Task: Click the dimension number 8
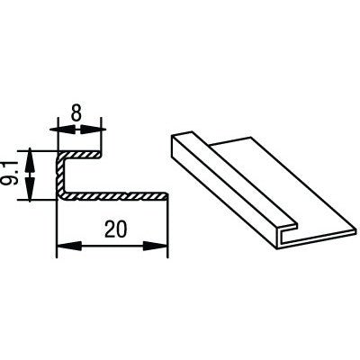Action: pyautogui.click(x=76, y=113)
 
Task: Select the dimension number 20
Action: pyautogui.click(x=116, y=229)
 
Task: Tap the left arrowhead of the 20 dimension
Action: pyautogui.click(x=69, y=246)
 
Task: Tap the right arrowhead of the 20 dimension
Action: pyautogui.click(x=155, y=246)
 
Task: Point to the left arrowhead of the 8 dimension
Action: pyautogui.click(x=62, y=130)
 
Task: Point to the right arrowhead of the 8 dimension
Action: pyautogui.click(x=94, y=130)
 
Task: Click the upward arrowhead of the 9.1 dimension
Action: pyautogui.click(x=30, y=159)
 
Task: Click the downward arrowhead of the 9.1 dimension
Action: pyautogui.click(x=30, y=189)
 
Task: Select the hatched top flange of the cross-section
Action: pyautogui.click(x=80, y=155)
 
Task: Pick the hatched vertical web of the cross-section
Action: pyautogui.click(x=61, y=175)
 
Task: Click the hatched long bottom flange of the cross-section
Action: pyautogui.click(x=114, y=196)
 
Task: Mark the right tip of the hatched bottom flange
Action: pyautogui.click(x=168, y=196)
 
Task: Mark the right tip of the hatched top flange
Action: pyautogui.click(x=102, y=155)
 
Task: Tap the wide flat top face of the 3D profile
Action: pyautogui.click(x=282, y=186)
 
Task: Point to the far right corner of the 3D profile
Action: pyautogui.click(x=357, y=230)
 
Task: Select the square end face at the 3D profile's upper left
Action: pyautogui.click(x=173, y=146)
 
